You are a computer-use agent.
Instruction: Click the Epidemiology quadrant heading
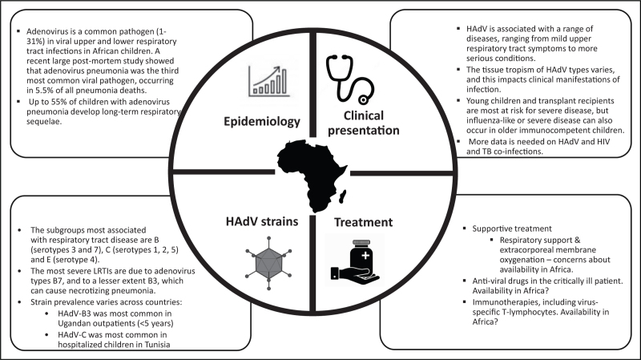tap(262, 122)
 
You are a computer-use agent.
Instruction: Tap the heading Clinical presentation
tap(364, 123)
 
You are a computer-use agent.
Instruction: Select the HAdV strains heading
tap(262, 221)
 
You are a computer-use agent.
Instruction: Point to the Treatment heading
tap(364, 222)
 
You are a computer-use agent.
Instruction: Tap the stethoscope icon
tap(349, 79)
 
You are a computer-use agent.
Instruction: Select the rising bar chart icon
tap(269, 81)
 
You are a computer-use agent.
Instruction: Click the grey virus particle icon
tap(269, 263)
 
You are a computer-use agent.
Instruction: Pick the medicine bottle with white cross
tap(361, 254)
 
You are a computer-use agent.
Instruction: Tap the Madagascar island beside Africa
tap(343, 196)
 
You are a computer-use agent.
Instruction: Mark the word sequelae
tap(44, 122)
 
